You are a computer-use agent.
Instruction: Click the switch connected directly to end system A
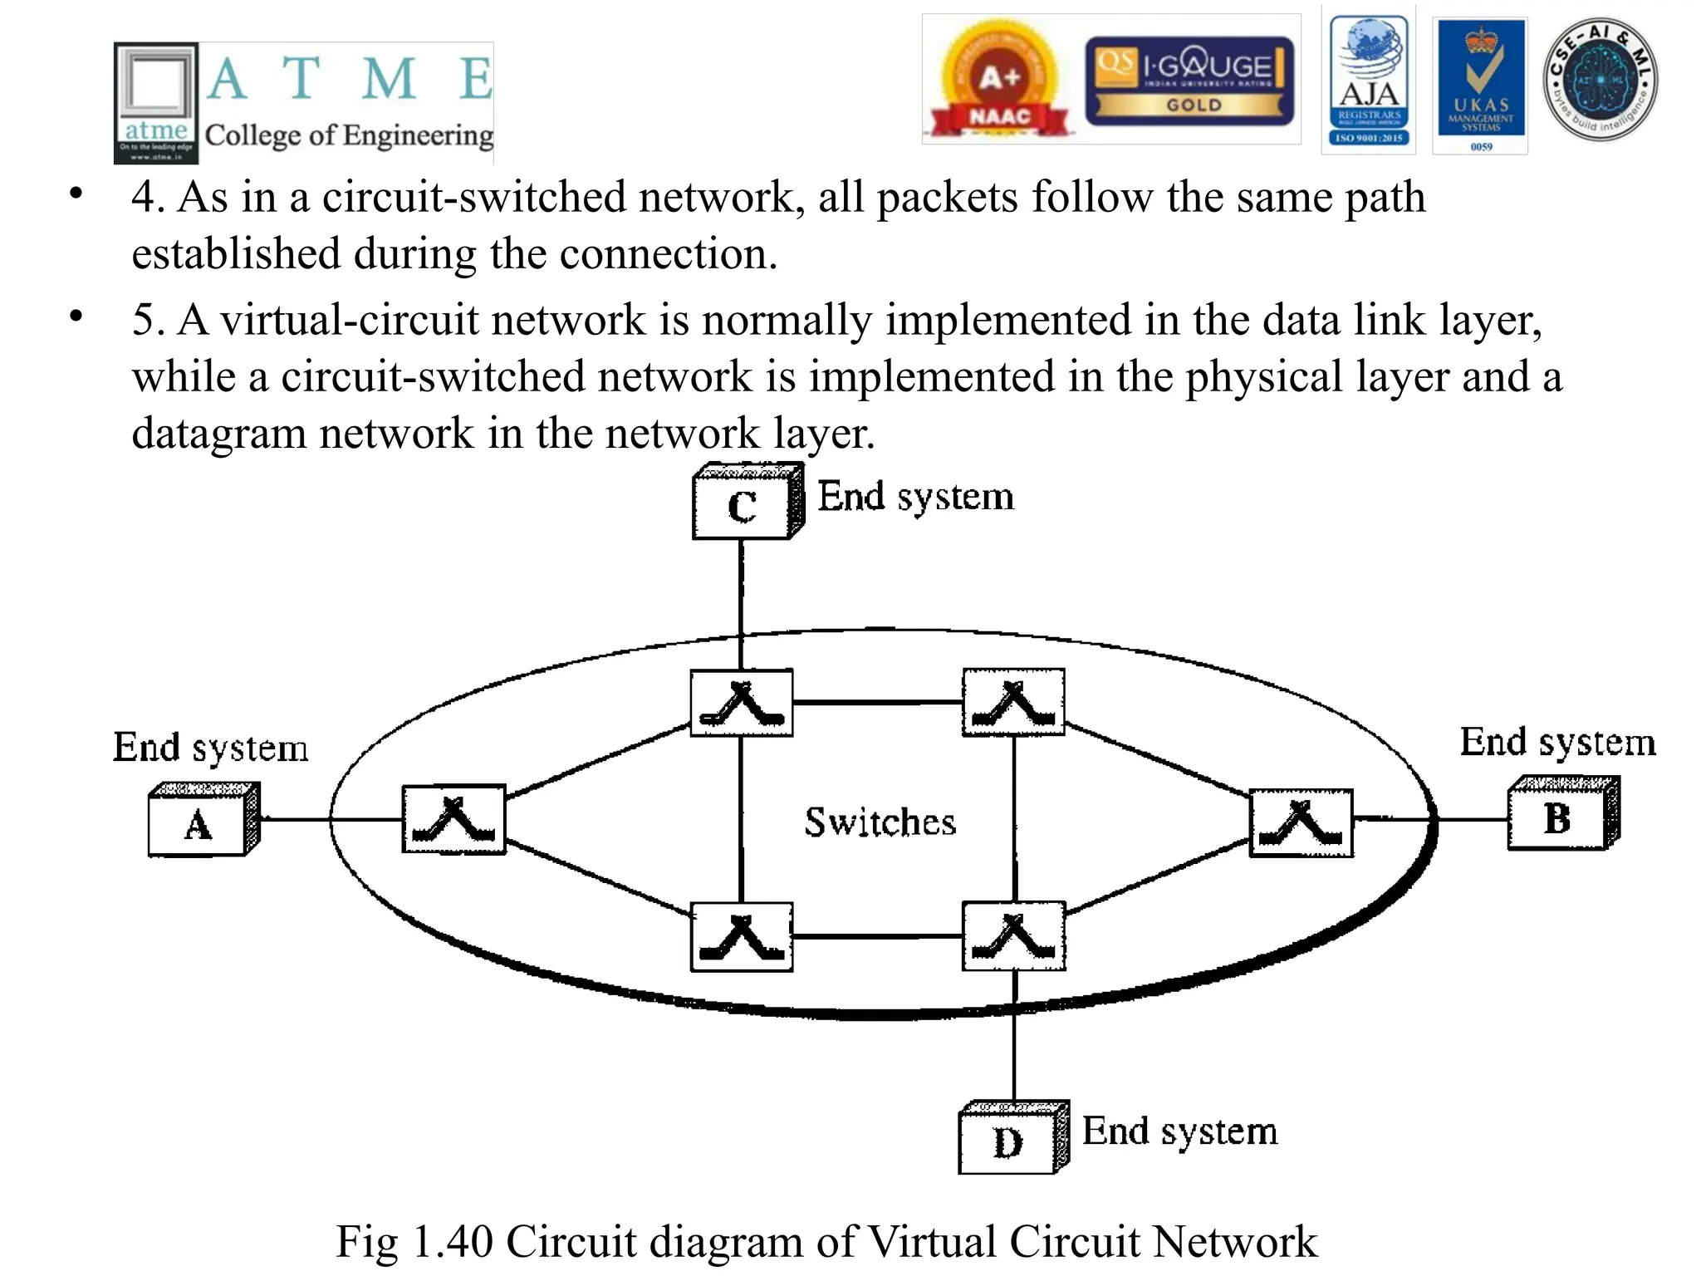(x=453, y=819)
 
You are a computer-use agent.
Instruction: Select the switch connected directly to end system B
(x=1301, y=822)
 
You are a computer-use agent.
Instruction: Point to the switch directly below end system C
(x=742, y=703)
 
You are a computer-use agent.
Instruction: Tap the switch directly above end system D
(x=1013, y=936)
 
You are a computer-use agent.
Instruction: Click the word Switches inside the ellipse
(x=880, y=822)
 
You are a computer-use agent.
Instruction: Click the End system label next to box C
(x=915, y=498)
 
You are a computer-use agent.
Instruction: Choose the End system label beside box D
(x=1179, y=1131)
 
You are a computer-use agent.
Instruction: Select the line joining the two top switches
(x=877, y=703)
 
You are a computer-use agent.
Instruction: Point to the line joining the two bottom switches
(x=877, y=936)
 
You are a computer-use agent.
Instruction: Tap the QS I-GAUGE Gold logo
(x=1189, y=81)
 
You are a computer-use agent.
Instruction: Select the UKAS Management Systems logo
(x=1481, y=85)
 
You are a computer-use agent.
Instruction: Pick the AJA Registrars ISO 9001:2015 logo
(x=1369, y=81)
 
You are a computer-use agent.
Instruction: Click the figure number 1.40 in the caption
(x=452, y=1241)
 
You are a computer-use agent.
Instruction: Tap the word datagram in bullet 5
(x=218, y=434)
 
